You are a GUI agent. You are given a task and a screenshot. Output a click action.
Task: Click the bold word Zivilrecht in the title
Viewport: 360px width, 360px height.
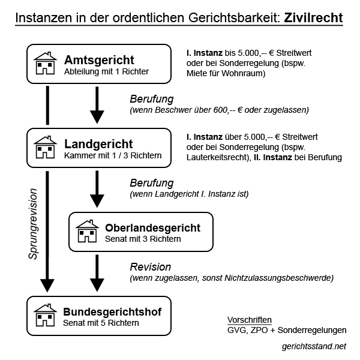pos(313,17)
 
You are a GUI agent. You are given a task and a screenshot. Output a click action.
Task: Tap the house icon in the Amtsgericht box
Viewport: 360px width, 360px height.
pos(45,63)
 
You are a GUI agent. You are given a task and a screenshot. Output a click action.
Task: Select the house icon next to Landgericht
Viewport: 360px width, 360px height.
pos(45,147)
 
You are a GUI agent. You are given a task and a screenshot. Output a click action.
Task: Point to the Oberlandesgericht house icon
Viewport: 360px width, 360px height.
pos(87,231)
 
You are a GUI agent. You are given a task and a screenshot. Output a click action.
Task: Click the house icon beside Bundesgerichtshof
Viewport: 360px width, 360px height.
pos(45,315)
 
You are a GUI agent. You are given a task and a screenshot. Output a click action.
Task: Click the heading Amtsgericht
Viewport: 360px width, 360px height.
pos(99,60)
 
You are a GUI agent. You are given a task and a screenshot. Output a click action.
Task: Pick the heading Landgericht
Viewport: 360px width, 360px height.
pos(98,144)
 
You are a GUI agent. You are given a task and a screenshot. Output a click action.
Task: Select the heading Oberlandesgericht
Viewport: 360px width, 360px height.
pos(152,228)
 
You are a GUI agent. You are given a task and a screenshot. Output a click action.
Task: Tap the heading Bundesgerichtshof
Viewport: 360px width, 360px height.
pos(112,312)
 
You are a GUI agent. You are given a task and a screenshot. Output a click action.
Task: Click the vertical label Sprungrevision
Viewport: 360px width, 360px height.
pos(33,224)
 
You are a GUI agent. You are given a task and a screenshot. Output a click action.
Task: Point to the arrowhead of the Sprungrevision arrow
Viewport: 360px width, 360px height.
pos(47,286)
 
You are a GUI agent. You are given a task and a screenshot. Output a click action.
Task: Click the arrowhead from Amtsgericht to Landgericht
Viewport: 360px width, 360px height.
pos(97,117)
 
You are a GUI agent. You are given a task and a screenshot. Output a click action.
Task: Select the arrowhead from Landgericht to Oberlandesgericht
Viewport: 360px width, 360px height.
pos(97,201)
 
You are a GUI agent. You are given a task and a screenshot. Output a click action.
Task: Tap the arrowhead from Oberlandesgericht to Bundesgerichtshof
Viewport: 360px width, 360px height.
pos(97,285)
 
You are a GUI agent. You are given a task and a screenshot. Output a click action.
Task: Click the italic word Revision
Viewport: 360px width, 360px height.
pos(151,267)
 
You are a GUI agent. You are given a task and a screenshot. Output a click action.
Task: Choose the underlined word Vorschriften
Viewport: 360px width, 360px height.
pos(250,320)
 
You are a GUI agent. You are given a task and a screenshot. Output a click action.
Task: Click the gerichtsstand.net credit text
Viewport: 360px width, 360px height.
pos(314,346)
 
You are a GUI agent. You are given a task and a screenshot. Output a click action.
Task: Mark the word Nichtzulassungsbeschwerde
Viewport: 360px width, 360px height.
pos(279,278)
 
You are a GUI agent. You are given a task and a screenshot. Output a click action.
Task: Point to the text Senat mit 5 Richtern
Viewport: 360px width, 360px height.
pos(101,323)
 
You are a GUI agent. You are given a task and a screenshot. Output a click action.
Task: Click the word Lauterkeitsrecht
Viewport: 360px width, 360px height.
pos(219,157)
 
